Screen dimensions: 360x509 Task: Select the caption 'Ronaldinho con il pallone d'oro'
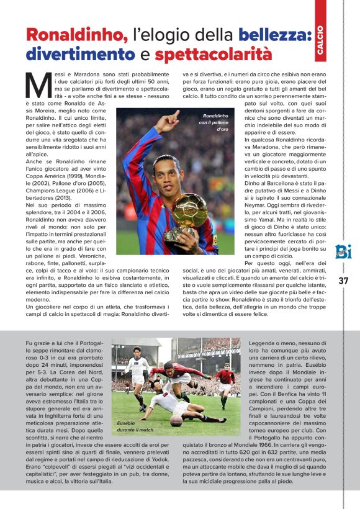(x=214, y=123)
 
